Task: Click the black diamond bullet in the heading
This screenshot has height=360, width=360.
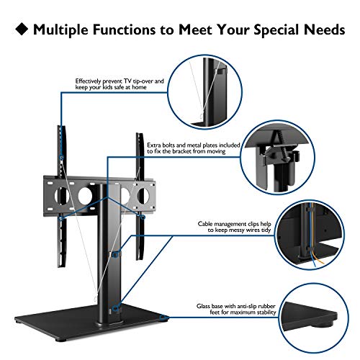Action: tap(22, 29)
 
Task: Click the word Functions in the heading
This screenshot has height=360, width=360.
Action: tap(125, 30)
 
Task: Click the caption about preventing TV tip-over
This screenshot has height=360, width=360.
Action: tap(120, 84)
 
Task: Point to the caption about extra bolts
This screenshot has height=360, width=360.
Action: tap(194, 148)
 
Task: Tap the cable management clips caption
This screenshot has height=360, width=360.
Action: tap(235, 227)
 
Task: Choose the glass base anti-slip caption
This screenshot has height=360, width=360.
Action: tap(236, 309)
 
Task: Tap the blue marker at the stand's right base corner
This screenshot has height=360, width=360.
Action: tap(164, 318)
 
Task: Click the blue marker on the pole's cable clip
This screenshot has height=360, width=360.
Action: tap(116, 254)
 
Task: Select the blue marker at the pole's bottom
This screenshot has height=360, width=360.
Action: tap(115, 308)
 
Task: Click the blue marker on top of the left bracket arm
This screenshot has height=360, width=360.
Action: tap(62, 158)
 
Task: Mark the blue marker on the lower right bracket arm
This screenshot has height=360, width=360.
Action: tap(143, 217)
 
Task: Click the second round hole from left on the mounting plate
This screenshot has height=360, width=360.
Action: tap(85, 196)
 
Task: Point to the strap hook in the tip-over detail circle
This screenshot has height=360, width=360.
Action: tap(202, 116)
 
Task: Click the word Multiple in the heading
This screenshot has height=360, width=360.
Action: tap(61, 30)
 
